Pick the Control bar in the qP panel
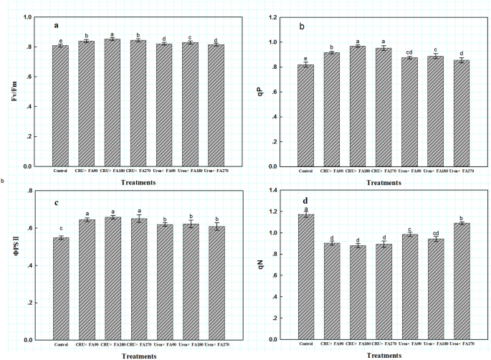[x=306, y=115]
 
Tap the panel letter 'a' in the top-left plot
[x=55, y=26]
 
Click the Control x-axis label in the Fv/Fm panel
[x=60, y=171]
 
